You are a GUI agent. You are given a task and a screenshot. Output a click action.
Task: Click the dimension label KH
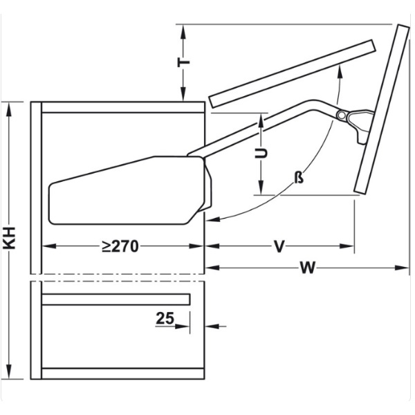(10, 238)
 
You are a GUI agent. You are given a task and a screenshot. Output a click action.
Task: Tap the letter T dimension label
(183, 62)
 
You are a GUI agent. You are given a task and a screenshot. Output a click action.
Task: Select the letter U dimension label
(261, 154)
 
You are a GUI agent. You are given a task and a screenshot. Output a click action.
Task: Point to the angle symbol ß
(299, 177)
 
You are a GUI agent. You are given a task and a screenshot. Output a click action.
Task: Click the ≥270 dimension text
(120, 246)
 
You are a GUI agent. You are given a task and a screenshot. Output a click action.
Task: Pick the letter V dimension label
(279, 246)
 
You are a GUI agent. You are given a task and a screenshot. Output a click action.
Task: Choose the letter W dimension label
(308, 268)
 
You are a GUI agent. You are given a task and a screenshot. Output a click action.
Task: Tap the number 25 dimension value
(165, 318)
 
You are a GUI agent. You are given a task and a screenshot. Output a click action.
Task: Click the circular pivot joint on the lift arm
(342, 115)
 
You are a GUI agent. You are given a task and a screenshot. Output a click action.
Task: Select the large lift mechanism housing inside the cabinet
(130, 190)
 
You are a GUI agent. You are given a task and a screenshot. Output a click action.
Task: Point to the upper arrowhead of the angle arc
(340, 71)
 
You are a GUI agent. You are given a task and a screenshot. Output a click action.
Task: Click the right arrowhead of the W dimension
(403, 268)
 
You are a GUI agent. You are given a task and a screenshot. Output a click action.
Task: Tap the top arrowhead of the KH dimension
(9, 109)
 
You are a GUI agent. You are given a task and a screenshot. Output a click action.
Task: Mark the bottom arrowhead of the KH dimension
(9, 372)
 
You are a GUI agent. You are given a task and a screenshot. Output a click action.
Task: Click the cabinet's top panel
(123, 107)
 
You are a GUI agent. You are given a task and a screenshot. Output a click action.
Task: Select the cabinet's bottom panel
(123, 373)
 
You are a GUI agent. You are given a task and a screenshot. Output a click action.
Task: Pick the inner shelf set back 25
(116, 299)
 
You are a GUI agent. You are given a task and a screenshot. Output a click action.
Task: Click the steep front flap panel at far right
(382, 109)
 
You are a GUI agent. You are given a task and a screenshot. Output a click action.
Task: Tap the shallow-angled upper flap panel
(292, 73)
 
